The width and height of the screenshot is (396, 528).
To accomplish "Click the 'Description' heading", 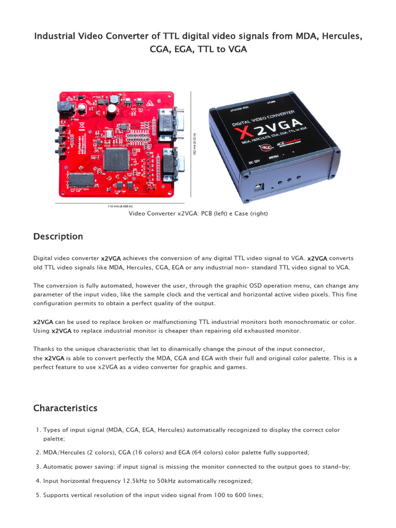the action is tap(58, 237).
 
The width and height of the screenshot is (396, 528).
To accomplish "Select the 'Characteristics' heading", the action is tap(65, 408).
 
